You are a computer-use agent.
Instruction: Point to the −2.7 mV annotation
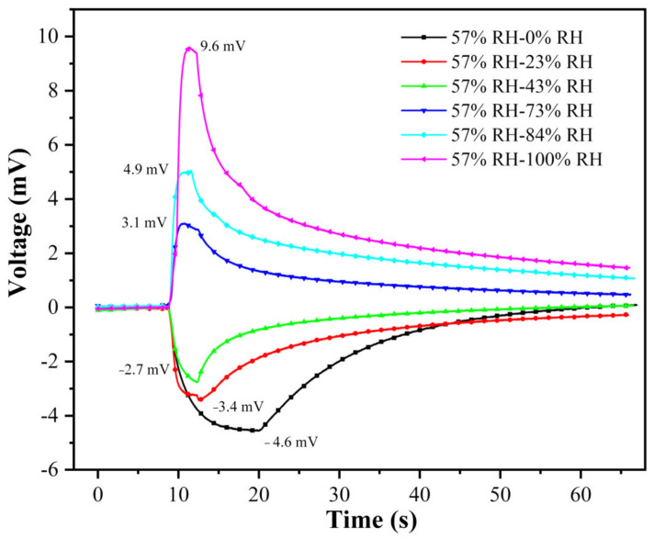point(143,369)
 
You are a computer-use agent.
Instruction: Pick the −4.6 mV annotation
point(291,443)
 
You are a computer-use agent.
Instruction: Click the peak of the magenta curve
point(188,49)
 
